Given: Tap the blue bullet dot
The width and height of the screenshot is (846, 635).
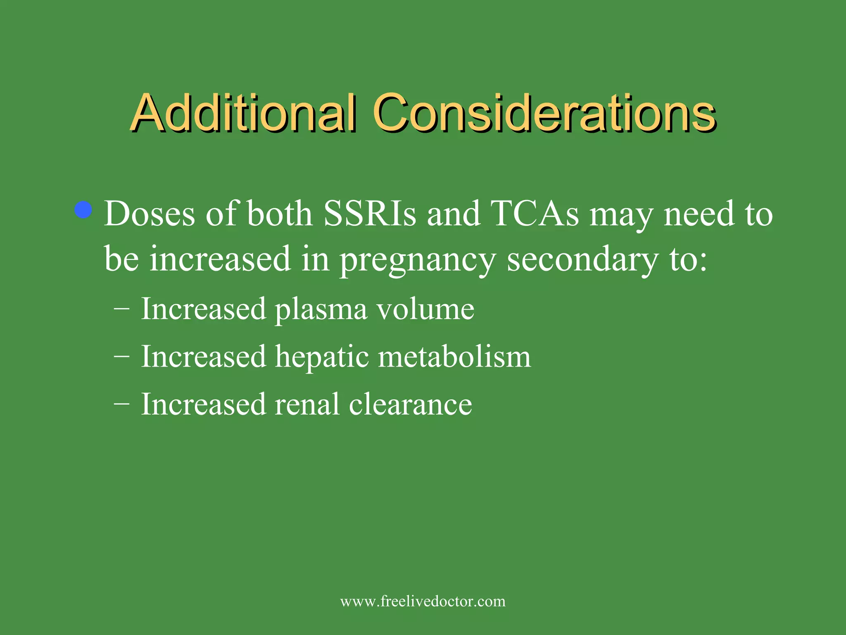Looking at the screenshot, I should click(x=83, y=210).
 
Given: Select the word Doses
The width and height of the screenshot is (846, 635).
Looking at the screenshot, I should click(x=149, y=214).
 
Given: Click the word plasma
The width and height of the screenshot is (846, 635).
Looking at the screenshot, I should click(x=321, y=309).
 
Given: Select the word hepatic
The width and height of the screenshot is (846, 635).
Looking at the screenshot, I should click(x=322, y=357).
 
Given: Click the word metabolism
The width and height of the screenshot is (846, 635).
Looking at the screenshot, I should click(x=454, y=357).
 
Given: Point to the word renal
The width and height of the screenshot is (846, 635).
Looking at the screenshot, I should click(x=307, y=404).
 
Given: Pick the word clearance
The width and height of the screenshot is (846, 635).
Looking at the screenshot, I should click(x=410, y=404).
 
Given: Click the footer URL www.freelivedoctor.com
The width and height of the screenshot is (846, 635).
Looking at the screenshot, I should click(x=423, y=601).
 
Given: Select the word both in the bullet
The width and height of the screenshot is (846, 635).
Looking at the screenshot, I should click(x=280, y=214).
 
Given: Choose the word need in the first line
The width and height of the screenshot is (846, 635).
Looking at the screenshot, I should click(x=699, y=214).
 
